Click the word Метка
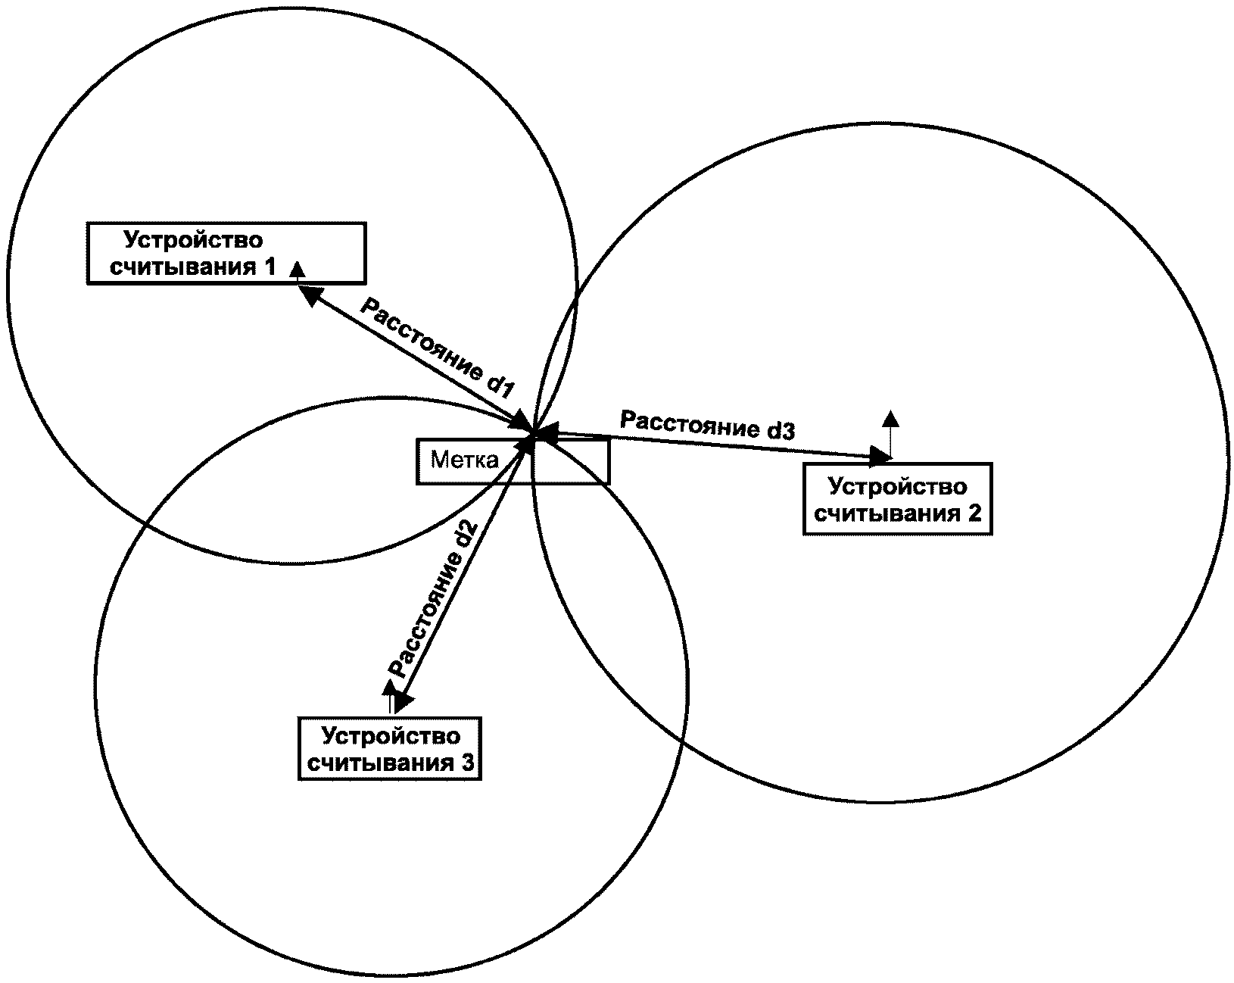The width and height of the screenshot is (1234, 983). click(x=465, y=460)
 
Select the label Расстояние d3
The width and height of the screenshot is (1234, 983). click(x=708, y=425)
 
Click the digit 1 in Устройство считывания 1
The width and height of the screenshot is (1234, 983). click(x=270, y=267)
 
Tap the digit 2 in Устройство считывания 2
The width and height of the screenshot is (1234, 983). click(x=975, y=513)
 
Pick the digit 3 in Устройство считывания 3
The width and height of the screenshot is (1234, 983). click(x=467, y=763)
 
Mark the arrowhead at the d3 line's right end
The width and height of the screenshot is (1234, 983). click(x=881, y=456)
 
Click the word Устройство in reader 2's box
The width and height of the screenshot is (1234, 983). click(x=898, y=487)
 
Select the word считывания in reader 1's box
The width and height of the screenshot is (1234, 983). click(x=183, y=267)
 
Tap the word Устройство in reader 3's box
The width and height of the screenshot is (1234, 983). click(x=391, y=736)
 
